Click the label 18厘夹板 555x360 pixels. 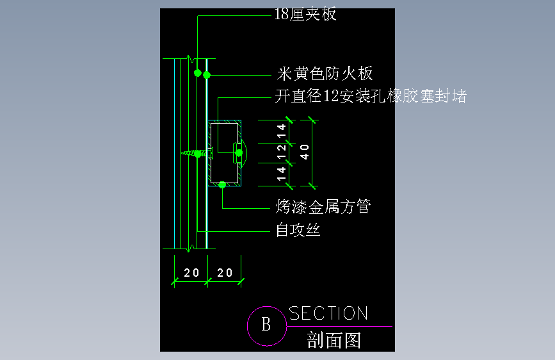pos(305,14)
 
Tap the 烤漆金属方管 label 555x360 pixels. pos(323,207)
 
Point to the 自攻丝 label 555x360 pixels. pos(298,229)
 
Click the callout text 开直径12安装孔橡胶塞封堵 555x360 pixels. pos(371,97)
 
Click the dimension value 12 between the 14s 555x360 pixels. pos(282,152)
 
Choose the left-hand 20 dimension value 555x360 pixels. pos(191,273)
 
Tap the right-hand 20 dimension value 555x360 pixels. pos(225,273)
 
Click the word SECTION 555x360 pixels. pos(328,313)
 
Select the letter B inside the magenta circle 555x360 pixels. pos(266,325)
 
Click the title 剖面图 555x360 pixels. pos(334,340)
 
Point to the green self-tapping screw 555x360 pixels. pos(196,153)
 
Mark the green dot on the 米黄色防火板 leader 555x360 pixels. pos(207,75)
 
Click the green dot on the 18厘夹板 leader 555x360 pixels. pos(198,72)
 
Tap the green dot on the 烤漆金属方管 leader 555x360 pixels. pos(222,185)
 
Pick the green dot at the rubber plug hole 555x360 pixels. pos(238,152)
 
